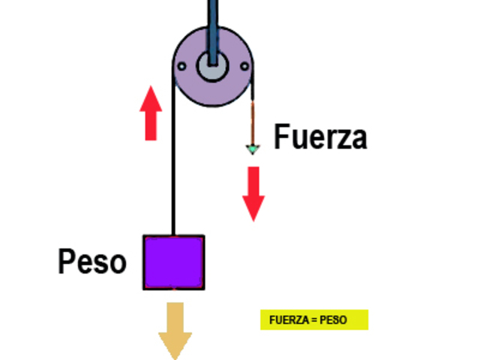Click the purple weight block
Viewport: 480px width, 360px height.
[x=174, y=262]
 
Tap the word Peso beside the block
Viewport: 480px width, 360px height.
[x=92, y=262]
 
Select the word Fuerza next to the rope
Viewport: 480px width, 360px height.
[x=320, y=138]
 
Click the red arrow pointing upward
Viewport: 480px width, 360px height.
[x=151, y=112]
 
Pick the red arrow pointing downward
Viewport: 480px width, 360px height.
[x=254, y=193]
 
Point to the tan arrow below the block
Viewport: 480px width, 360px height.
[x=175, y=330]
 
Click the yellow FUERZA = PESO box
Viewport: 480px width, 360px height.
[x=314, y=319]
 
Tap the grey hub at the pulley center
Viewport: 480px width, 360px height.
[x=212, y=66]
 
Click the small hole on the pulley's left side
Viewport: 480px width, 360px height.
[x=181, y=67]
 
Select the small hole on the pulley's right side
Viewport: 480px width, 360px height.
[x=244, y=67]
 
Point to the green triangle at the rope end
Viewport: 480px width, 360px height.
[x=253, y=149]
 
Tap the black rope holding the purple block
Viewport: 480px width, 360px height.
[x=174, y=172]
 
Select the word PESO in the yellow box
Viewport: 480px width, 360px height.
[x=334, y=319]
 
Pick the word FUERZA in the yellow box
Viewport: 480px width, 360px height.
[x=287, y=319]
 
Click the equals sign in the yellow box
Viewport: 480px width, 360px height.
[x=313, y=319]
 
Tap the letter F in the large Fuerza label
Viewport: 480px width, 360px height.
[x=282, y=138]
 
